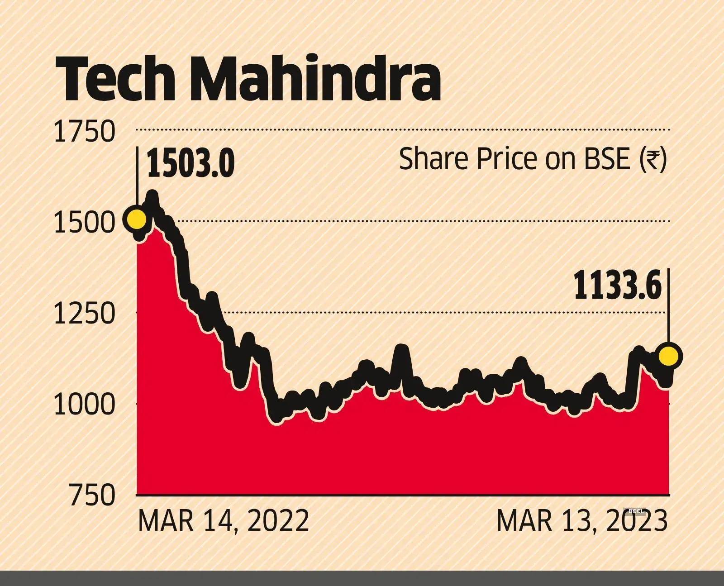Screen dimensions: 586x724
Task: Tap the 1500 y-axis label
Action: [85, 223]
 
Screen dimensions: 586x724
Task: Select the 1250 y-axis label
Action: [85, 314]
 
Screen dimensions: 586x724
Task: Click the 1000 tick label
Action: [85, 405]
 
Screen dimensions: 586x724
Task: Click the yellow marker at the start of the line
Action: [137, 220]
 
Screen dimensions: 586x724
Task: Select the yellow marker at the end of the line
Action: [669, 356]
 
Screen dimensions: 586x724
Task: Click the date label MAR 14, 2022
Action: [223, 521]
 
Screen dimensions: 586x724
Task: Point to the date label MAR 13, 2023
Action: [582, 521]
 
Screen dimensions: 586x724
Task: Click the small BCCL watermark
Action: [636, 511]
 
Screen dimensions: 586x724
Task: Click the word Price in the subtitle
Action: [504, 159]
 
